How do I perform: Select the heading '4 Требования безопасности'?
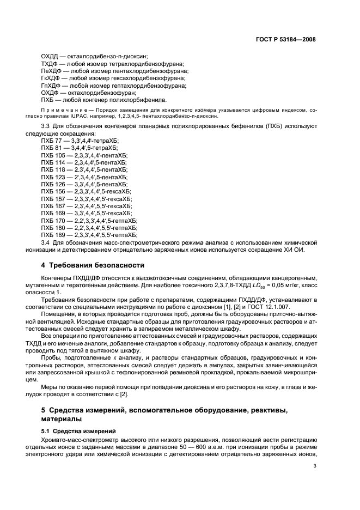pyautogui.click(x=93, y=265)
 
